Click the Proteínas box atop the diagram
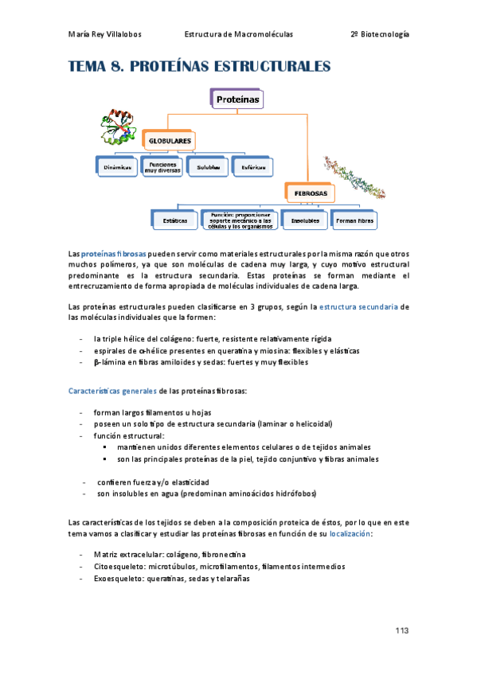pyautogui.click(x=237, y=99)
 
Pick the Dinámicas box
pyautogui.click(x=116, y=167)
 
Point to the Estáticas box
pyautogui.click(x=174, y=219)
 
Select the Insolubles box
pyautogui.click(x=306, y=219)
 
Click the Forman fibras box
pyautogui.click(x=355, y=219)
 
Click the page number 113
pyautogui.click(x=401, y=630)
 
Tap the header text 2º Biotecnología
pyautogui.click(x=379, y=35)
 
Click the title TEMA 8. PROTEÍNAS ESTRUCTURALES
pyautogui.click(x=199, y=66)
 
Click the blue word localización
pyautogui.click(x=350, y=534)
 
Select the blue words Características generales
pyautogui.click(x=113, y=390)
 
